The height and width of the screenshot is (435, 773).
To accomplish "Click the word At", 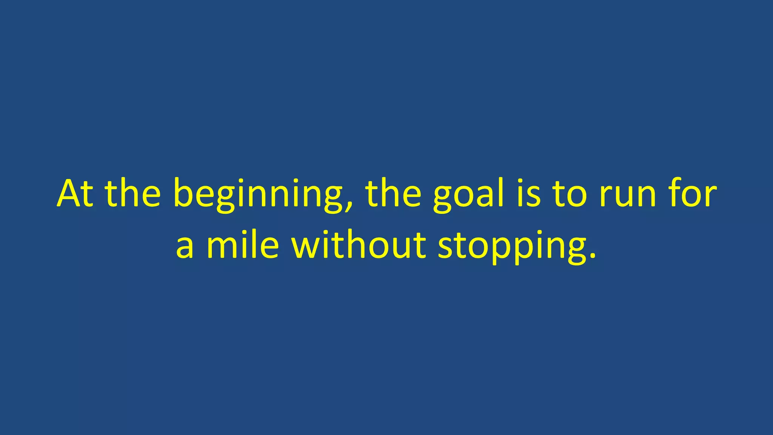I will tap(75, 193).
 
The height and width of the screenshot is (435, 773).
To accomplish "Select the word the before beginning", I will tap(132, 193).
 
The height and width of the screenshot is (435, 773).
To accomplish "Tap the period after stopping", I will tap(593, 257).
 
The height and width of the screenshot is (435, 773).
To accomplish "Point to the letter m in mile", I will tap(220, 247).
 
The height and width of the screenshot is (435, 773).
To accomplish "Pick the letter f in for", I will tap(676, 193).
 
